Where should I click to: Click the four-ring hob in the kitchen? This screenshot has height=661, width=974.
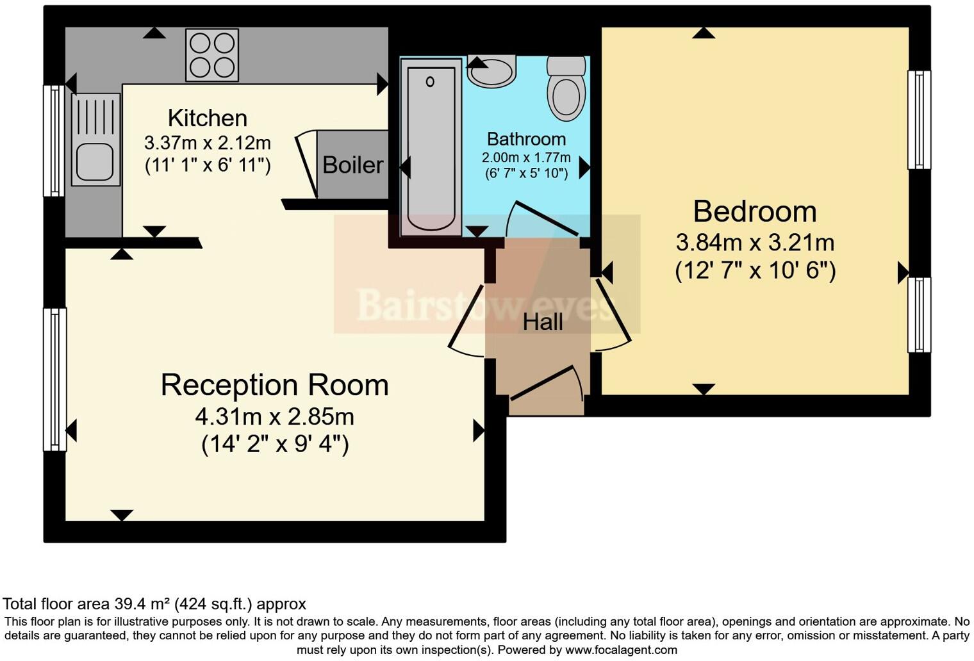tap(212, 55)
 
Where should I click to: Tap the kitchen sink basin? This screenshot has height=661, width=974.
tap(95, 161)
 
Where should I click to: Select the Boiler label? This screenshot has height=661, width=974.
tap(352, 165)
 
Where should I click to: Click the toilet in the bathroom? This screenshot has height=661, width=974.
tap(566, 90)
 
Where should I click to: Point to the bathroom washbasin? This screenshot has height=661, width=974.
tap(491, 71)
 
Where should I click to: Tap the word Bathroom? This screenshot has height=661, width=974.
tap(526, 139)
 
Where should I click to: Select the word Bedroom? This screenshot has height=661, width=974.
tap(755, 211)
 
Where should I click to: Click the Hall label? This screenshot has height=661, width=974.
tap(543, 322)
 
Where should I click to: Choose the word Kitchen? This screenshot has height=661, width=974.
tap(207, 118)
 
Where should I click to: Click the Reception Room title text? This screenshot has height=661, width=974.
tap(274, 385)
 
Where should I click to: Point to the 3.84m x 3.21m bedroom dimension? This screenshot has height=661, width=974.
tap(755, 243)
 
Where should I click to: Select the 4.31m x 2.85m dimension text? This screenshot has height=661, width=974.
tap(274, 417)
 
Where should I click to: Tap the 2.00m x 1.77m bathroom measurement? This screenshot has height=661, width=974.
tap(526, 158)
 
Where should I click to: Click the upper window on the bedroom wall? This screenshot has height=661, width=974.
tap(919, 120)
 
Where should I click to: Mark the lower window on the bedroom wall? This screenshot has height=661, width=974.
tap(919, 314)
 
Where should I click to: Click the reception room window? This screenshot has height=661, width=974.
tap(54, 379)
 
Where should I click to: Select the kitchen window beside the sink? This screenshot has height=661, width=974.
tap(54, 141)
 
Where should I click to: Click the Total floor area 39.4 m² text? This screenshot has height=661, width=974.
tap(154, 603)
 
